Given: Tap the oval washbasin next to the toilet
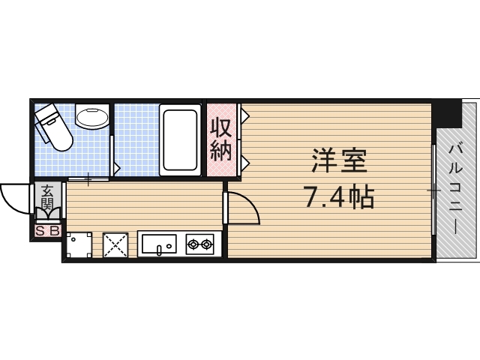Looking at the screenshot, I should [x=94, y=118].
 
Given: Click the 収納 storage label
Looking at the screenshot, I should [x=220, y=139].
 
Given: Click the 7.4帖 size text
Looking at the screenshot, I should [x=339, y=197].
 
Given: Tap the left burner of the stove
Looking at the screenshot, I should [x=193, y=243].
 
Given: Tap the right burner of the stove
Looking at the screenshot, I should [x=208, y=243].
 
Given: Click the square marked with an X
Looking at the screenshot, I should [x=116, y=244].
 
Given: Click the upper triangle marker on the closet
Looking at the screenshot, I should [x=244, y=117].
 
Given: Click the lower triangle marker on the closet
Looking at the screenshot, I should [x=244, y=160].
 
